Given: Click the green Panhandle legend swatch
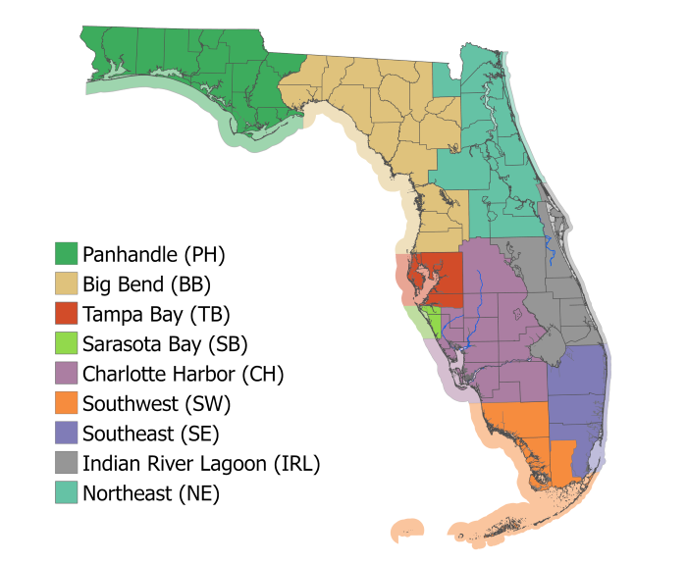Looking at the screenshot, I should (x=66, y=255).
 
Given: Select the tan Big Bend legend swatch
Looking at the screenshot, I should (x=66, y=284).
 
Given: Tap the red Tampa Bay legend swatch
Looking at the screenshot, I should (x=66, y=314).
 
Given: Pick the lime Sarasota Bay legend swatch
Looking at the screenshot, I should (x=66, y=343).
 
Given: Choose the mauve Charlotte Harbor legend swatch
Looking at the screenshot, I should (x=66, y=374).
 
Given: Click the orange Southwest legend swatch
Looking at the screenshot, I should (x=66, y=403).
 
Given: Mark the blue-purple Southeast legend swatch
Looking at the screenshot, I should (x=66, y=433).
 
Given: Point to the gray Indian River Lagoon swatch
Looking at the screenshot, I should (x=66, y=463).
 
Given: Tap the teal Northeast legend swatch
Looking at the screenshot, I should (x=66, y=492).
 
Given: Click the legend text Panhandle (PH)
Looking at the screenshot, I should (x=154, y=255).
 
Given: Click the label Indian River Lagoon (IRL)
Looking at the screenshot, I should (x=201, y=463).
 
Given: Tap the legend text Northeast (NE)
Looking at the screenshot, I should (x=151, y=493).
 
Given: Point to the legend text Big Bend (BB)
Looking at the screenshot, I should (x=147, y=285).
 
